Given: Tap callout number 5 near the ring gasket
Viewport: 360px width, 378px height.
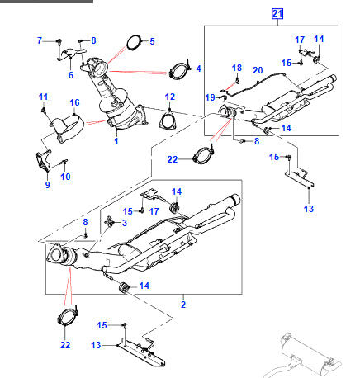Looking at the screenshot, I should (x=150, y=40).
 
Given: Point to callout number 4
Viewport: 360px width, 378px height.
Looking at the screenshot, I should (x=198, y=68).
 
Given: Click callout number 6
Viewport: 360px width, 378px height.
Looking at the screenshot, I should (x=71, y=75).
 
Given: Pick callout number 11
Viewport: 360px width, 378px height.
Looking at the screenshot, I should (x=43, y=98).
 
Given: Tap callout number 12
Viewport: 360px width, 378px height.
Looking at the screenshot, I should (x=170, y=97).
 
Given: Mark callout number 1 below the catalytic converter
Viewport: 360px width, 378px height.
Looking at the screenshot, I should (x=116, y=141).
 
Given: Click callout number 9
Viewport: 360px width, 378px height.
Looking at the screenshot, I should (x=47, y=184).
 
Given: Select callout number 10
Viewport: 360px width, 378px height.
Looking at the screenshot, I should (x=66, y=176).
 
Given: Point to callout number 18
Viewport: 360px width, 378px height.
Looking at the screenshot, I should (x=237, y=68).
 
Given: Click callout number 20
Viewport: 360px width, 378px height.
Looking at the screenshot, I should (x=258, y=70).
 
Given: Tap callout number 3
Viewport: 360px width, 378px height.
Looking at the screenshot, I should (x=124, y=223).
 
